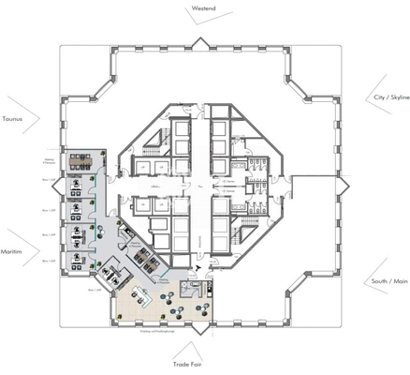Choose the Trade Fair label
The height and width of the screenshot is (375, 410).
coord(188,361)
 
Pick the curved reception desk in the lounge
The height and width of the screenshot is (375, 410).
coord(143,299)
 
